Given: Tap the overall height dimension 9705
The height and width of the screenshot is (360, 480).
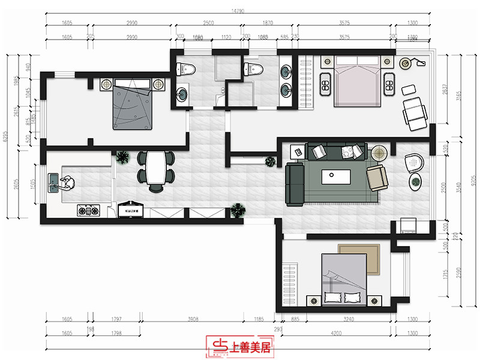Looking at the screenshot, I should click(473, 178).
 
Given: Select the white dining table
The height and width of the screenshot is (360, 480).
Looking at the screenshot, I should click(156, 167).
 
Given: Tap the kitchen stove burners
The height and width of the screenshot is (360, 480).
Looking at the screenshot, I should click(88, 211).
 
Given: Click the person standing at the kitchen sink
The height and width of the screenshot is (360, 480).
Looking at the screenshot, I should click(68, 182).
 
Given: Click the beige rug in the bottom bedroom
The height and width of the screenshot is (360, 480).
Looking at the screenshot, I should click(359, 258).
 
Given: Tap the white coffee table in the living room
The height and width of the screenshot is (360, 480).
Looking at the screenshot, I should click(336, 176).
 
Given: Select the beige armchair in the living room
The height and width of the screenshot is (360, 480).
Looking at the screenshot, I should click(377, 178).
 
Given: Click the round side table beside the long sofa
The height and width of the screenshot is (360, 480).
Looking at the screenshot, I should click(379, 152).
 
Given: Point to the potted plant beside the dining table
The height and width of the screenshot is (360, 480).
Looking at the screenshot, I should click(123, 157).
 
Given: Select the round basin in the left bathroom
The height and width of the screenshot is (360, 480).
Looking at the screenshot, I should click(182, 94).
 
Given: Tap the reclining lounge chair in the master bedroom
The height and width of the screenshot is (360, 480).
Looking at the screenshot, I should click(414, 112).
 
